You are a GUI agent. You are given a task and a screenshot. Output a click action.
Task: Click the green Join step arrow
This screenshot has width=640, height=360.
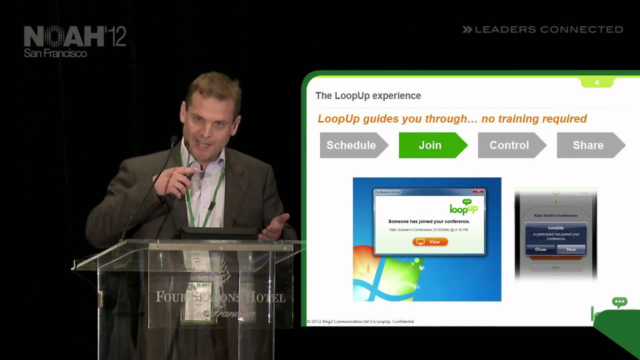[430, 145]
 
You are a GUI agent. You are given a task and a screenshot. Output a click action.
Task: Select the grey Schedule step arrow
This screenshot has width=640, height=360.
[351, 145]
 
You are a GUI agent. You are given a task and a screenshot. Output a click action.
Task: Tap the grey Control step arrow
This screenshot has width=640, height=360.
[509, 145]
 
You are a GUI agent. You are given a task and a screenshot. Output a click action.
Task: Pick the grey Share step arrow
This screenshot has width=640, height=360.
[588, 145]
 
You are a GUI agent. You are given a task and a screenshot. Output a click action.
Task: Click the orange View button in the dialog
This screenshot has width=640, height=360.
[430, 242]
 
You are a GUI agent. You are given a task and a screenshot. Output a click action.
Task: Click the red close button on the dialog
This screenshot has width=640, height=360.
[479, 191]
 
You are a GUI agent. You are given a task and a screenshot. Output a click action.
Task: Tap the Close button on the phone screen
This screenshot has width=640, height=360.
[540, 249]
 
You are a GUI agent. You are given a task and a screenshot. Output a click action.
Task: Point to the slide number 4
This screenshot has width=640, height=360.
[596, 82]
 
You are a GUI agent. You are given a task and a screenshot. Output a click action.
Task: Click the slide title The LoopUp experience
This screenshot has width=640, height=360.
[368, 96]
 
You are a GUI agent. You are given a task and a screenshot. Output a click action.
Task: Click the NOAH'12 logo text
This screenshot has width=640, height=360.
[75, 36]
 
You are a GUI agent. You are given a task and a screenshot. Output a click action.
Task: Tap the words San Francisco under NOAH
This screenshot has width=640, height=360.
[55, 53]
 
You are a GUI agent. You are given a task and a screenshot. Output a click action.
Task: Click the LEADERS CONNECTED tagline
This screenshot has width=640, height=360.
[543, 30]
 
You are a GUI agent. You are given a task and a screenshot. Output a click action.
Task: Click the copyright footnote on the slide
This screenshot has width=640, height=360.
[360, 321]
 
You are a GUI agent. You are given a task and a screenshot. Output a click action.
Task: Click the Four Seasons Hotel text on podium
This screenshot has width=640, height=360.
[220, 297]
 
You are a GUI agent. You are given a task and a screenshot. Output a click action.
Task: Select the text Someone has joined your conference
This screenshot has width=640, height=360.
[429, 221]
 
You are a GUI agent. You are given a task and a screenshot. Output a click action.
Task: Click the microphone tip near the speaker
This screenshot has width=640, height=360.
[173, 140]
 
